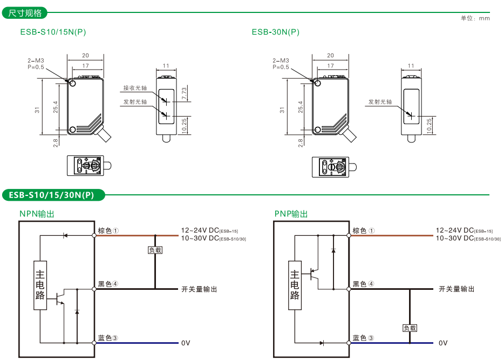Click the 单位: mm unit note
(x=475, y=18)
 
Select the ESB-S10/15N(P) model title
(x=53, y=32)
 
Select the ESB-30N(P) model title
(x=275, y=32)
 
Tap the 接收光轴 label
(x=135, y=88)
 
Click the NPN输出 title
(x=37, y=214)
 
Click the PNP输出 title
(x=291, y=214)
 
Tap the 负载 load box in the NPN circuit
(x=155, y=250)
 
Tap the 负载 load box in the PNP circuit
(x=410, y=328)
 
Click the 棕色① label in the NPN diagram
(x=108, y=230)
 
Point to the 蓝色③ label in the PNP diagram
(x=363, y=338)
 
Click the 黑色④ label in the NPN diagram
(x=108, y=284)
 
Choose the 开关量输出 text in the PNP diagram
(x=457, y=289)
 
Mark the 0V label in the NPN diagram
(x=186, y=343)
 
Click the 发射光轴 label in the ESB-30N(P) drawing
(x=380, y=101)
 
